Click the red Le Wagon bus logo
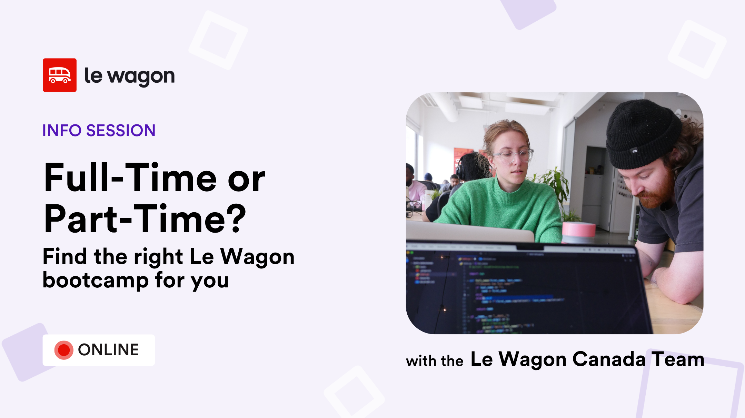tap(60, 75)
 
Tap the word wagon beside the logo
tap(141, 77)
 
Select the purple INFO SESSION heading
tap(99, 131)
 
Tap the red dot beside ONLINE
tap(64, 350)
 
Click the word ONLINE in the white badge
tap(108, 350)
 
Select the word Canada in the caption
tap(609, 359)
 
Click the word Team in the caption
tap(678, 359)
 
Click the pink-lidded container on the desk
tap(579, 232)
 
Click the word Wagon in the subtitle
tap(257, 257)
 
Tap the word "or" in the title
tap(246, 179)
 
